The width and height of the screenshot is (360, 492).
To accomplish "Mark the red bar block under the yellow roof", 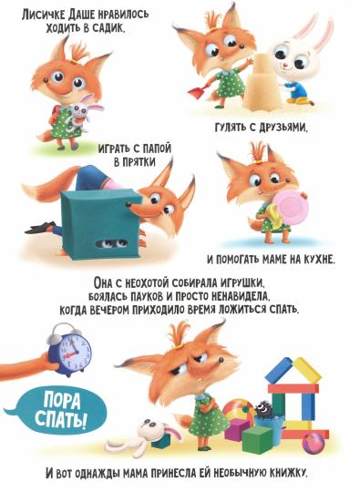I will tap(293, 387).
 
